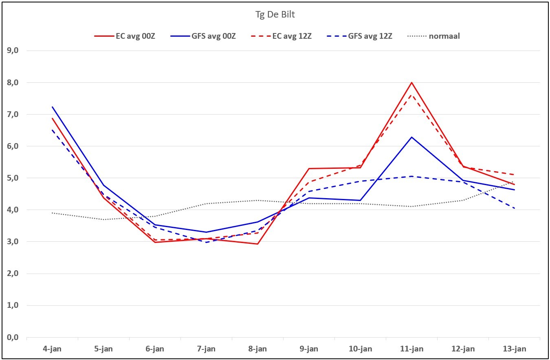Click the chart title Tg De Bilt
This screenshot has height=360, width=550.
point(275,15)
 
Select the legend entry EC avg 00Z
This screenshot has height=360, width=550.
point(125,36)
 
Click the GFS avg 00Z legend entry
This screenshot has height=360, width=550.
point(203,36)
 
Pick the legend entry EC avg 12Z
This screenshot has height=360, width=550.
point(281,36)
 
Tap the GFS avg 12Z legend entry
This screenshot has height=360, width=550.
point(359,36)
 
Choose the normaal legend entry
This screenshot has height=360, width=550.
point(433,36)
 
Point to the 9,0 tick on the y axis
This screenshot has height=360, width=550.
point(13,51)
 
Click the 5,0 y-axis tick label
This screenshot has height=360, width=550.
point(13,178)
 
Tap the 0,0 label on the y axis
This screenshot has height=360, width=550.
point(13,338)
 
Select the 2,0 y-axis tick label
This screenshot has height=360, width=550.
point(13,274)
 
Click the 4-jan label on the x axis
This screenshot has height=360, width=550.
point(52,349)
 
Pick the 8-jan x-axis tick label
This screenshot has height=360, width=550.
point(257,349)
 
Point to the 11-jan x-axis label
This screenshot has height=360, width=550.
point(412,349)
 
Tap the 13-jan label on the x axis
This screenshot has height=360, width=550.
point(515,349)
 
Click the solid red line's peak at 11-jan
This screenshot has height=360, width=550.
point(412,83)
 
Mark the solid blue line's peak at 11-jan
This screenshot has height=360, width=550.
point(412,137)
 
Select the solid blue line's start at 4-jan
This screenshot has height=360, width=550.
point(52,107)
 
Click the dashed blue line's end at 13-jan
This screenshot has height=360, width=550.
point(515,209)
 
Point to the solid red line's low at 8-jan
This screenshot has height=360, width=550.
point(257,244)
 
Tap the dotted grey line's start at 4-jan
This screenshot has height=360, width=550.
point(52,213)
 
